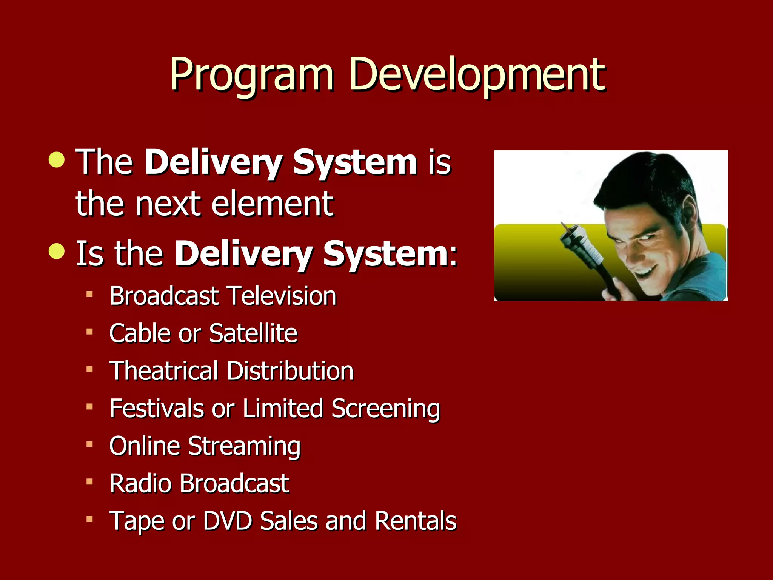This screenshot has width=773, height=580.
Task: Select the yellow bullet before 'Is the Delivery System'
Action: click(x=57, y=251)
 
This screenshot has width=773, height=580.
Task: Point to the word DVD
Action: click(x=228, y=521)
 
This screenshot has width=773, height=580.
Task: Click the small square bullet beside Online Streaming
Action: click(x=89, y=444)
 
